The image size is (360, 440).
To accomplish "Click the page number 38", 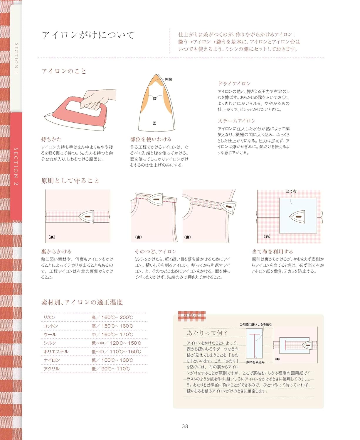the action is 185,426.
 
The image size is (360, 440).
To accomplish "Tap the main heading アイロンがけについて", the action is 88,35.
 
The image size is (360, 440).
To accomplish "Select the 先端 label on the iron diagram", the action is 168,79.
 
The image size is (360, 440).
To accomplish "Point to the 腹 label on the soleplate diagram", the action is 155,99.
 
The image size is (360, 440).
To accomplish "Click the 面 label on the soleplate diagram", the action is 154,123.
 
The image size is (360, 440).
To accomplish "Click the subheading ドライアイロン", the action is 234,84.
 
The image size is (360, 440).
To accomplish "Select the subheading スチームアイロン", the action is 237,121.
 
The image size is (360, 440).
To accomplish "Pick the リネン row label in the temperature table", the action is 49,317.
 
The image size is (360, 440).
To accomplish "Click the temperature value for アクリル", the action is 111,369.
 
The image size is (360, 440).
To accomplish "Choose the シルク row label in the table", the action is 50,343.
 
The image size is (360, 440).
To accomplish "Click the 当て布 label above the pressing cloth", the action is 291,191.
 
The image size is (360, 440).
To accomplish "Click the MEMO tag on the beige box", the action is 192,316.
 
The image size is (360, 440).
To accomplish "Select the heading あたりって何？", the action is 207,333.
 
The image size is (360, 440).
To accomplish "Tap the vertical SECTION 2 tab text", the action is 16,166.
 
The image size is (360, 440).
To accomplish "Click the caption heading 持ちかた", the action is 51,139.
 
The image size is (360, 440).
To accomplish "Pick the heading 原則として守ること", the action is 70,180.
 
